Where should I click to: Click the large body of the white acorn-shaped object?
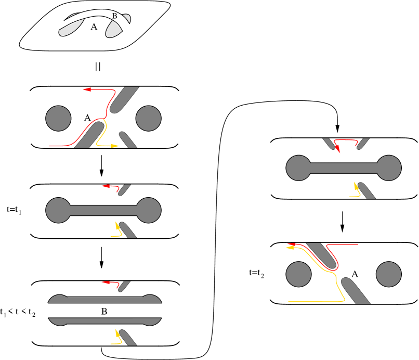(114, 29)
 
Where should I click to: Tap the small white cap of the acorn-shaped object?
(126, 19)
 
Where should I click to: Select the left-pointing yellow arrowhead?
(289, 248)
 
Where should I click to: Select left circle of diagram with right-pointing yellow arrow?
(58, 119)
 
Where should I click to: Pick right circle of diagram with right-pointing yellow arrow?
(149, 119)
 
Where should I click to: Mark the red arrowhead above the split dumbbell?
(106, 282)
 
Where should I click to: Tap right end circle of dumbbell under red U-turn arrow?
(389, 168)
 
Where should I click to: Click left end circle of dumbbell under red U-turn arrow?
(299, 168)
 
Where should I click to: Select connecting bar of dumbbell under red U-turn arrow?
(344, 168)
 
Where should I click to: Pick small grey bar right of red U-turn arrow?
(362, 143)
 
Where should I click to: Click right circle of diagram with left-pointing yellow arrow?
(389, 274)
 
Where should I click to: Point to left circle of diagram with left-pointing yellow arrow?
(299, 274)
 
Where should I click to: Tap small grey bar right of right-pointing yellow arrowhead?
(128, 139)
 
